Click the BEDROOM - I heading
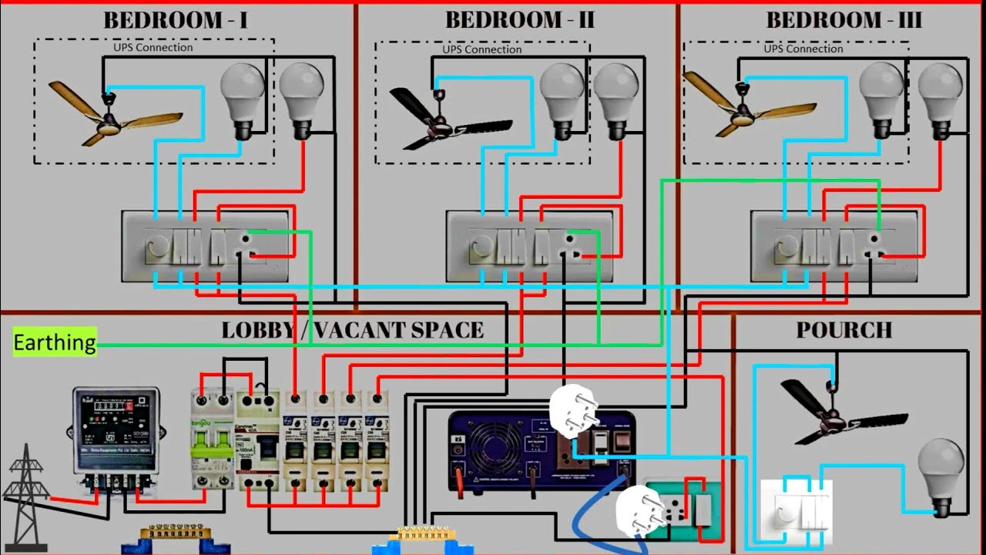click(176, 20)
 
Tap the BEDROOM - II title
click(520, 20)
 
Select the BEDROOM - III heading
click(843, 20)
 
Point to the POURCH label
click(844, 330)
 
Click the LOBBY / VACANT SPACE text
click(353, 330)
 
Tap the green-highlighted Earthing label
click(55, 342)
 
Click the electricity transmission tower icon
click(26, 486)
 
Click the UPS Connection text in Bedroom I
click(153, 48)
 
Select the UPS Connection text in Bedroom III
click(803, 49)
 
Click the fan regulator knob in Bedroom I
click(157, 248)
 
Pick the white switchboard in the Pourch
click(797, 509)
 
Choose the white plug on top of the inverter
click(574, 412)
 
